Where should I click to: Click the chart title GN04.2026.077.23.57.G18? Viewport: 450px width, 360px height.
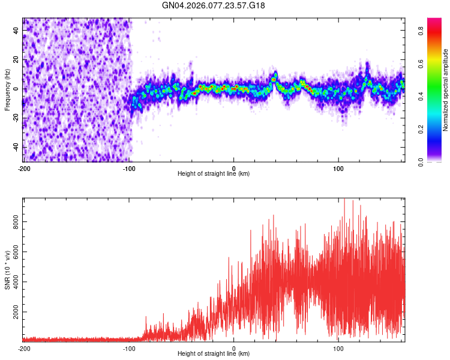[x=214, y=5]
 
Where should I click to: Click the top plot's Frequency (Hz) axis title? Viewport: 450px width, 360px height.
[x=8, y=89]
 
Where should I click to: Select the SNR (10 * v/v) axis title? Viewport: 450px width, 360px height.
[x=8, y=270]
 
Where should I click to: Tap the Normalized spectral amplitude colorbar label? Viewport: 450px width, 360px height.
[x=446, y=90]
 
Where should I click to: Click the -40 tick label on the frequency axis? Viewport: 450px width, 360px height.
[x=16, y=147]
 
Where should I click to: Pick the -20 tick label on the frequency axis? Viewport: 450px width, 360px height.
[x=16, y=118]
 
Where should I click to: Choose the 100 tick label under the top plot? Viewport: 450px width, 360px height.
[x=338, y=168]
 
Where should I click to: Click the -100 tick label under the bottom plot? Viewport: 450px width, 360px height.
[x=129, y=348]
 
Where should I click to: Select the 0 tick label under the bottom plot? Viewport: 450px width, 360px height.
[x=234, y=348]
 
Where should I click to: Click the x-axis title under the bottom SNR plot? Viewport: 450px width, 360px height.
[x=214, y=354]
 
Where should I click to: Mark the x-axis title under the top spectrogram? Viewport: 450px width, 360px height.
[x=214, y=174]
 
